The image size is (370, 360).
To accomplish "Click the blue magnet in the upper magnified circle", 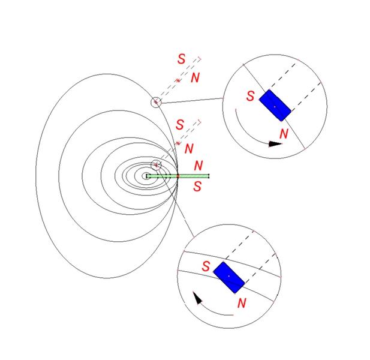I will (x=275, y=106).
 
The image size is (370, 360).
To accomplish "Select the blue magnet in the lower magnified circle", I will (x=229, y=277).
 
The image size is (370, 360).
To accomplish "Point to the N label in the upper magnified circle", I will (x=284, y=133).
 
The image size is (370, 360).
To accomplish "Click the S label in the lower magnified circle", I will (x=206, y=265).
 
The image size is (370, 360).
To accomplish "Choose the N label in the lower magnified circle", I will (x=242, y=303).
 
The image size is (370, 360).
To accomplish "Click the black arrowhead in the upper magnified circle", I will (x=275, y=144).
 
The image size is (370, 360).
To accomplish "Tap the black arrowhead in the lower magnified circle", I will (x=197, y=298).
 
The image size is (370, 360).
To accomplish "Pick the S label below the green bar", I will (x=197, y=187).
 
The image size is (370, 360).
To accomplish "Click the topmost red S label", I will (x=182, y=59).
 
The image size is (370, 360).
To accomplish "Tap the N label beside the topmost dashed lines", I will (x=195, y=78).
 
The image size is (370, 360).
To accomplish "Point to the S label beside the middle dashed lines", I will (x=180, y=125).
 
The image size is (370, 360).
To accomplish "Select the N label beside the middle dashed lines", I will (x=189, y=148).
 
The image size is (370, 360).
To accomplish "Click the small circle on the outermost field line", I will (x=156, y=102).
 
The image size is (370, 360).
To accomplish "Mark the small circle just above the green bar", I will (x=156, y=165).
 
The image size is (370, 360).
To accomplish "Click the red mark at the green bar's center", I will (x=178, y=176).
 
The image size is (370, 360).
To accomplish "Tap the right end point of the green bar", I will (x=209, y=176).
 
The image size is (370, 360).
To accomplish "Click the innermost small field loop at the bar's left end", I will (x=146, y=176).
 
